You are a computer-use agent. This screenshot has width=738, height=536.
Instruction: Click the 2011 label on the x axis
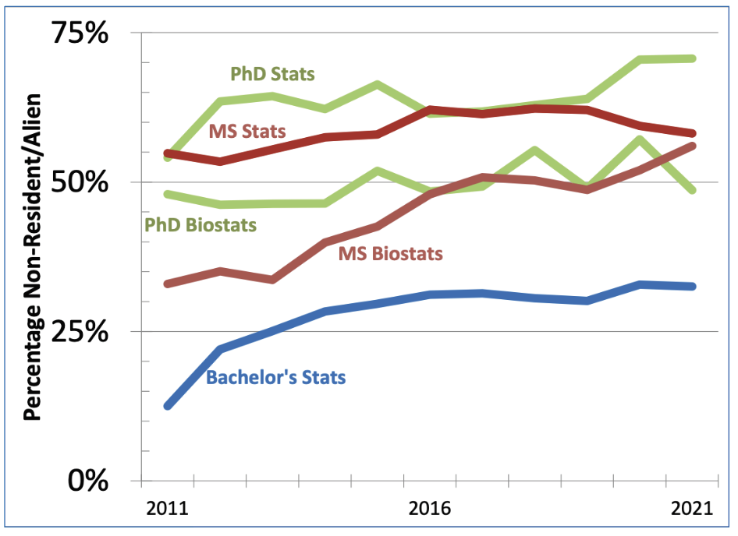click(166, 510)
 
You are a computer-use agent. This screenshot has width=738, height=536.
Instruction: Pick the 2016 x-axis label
click(429, 510)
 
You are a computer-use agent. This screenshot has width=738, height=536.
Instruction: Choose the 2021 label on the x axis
click(692, 510)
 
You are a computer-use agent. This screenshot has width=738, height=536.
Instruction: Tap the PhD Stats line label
click(272, 75)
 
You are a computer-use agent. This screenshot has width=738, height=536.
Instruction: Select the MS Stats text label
click(247, 131)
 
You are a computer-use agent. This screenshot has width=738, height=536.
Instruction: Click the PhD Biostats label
click(200, 226)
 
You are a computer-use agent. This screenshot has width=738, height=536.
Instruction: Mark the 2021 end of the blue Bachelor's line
click(692, 287)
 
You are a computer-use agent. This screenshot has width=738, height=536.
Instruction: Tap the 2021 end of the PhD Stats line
click(692, 58)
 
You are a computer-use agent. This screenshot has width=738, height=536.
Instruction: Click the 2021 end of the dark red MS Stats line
click(692, 133)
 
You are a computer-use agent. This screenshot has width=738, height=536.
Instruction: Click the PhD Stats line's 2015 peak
click(377, 84)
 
